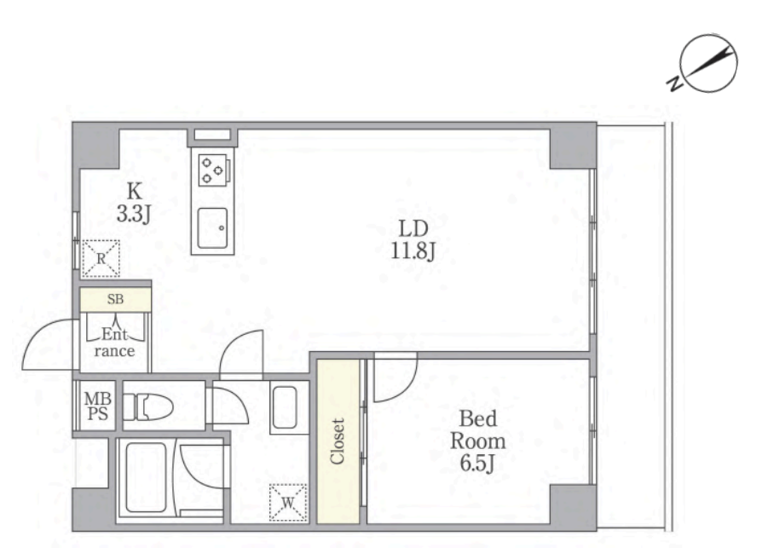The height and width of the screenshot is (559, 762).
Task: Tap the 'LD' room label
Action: [x=413, y=228]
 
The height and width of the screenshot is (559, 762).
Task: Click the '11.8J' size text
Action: [x=413, y=251]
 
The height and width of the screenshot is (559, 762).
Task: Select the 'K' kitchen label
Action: [x=134, y=192]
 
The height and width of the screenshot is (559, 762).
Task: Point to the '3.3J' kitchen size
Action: [x=134, y=214]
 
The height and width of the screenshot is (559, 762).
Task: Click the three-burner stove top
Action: [x=213, y=170]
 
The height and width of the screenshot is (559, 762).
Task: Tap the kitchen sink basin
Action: [x=212, y=228]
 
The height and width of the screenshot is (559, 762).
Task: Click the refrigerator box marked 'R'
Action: [x=101, y=258]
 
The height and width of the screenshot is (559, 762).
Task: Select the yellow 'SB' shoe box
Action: [x=116, y=299]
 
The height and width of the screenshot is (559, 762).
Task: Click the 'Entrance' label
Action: [x=115, y=343]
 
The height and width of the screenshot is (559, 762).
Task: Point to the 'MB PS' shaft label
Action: [x=98, y=406]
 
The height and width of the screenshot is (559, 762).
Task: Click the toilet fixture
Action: [x=147, y=406]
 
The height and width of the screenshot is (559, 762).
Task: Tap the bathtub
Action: [x=146, y=477]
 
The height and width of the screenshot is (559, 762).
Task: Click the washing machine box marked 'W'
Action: [x=288, y=503]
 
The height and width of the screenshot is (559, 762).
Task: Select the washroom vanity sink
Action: [x=285, y=407]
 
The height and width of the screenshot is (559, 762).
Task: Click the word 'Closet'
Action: [x=338, y=441]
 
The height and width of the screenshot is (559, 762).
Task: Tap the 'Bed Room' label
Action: [x=477, y=429]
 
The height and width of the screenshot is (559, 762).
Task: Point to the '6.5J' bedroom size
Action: [x=477, y=463]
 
